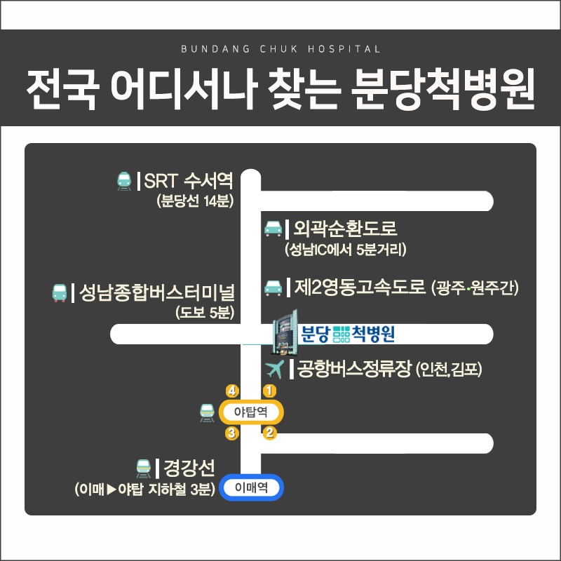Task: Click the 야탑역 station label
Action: [x=251, y=412]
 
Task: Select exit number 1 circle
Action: [x=269, y=390]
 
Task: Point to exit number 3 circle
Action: [x=231, y=433]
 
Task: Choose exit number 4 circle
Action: [x=231, y=390]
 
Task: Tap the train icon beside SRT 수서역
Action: [x=125, y=182]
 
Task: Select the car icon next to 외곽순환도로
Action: [x=272, y=229]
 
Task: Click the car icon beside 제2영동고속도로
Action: [x=272, y=288]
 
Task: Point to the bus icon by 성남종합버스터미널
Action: [x=59, y=292]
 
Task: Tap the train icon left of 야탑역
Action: [x=207, y=413]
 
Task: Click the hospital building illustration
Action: [x=284, y=332]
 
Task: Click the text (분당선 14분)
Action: [x=195, y=202]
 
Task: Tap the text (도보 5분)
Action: [x=205, y=312]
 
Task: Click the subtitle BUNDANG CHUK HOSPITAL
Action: [x=280, y=50]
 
